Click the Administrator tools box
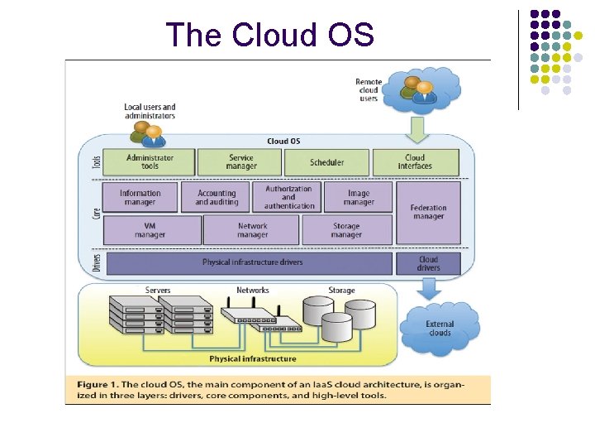point(150,161)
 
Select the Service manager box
point(241,161)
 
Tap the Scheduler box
point(326,161)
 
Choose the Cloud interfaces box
point(415,161)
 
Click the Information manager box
point(140,197)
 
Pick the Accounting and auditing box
point(217,197)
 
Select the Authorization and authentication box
point(288,197)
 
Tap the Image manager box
point(359,197)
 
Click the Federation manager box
point(428,213)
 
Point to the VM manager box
point(152,229)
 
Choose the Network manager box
point(252,229)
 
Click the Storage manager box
point(346,229)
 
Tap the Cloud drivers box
point(428,263)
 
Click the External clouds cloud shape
point(440,329)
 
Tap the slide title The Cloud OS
point(270,35)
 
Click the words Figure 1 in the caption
point(98,384)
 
